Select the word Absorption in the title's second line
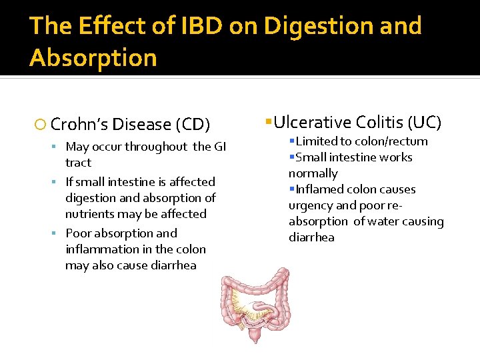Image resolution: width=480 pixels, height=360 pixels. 93,58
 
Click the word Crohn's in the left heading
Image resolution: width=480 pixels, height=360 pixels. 79,125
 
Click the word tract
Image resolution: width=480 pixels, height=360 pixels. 78,163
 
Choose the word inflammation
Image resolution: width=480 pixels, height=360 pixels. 99,249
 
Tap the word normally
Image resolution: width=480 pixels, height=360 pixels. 313,173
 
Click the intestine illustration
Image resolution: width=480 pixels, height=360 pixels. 256,303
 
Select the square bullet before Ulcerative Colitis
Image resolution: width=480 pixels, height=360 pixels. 267,122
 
